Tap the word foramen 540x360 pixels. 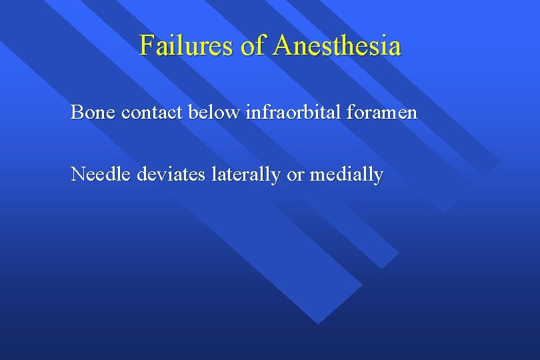387,112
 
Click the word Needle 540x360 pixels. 101,174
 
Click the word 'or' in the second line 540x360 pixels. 294,175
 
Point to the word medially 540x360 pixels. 345,175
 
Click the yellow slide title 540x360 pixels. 270,46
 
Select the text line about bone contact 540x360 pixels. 244,112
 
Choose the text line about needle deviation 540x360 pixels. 227,175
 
